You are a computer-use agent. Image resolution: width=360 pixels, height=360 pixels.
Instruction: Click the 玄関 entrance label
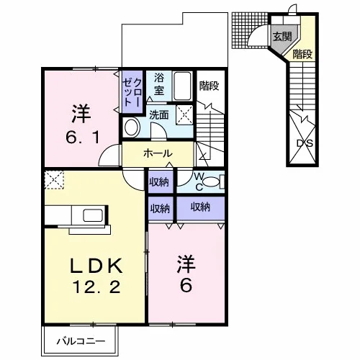[x=282, y=37]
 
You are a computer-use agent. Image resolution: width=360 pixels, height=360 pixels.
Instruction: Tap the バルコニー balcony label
[x=81, y=341]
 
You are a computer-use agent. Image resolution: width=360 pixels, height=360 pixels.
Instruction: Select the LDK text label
[x=96, y=266]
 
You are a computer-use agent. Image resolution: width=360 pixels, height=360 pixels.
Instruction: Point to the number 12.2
[x=96, y=287]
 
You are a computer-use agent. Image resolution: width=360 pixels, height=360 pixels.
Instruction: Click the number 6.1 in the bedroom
[x=83, y=138]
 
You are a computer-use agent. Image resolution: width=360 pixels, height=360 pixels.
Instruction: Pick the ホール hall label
[x=158, y=153]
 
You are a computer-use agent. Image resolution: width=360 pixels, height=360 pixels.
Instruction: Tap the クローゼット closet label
[x=132, y=92]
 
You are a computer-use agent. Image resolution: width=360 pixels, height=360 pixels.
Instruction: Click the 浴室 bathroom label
[x=159, y=84]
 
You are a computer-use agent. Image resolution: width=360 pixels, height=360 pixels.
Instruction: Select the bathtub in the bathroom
[x=182, y=86]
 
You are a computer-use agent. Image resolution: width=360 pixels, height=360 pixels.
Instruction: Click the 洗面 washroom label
[x=159, y=115]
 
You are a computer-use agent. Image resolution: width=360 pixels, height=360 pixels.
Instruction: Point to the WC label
[x=199, y=182]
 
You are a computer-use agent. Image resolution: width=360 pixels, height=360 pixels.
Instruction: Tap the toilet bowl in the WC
[x=211, y=182]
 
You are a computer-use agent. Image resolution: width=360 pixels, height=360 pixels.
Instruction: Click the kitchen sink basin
[x=93, y=215]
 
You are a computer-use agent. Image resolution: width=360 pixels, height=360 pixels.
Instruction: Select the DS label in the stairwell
[x=305, y=143]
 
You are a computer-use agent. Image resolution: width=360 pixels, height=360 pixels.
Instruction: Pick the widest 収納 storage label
[x=200, y=207]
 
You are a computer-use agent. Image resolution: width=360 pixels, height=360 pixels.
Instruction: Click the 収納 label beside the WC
[x=159, y=183]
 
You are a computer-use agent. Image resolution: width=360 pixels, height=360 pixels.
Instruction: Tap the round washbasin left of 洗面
[x=132, y=127]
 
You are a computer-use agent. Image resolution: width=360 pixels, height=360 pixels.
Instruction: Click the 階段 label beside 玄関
[x=302, y=54]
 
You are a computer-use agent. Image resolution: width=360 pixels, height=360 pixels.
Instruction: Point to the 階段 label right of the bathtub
[x=210, y=86]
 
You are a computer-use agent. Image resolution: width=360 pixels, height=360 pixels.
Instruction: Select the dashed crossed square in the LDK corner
[x=54, y=180]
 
